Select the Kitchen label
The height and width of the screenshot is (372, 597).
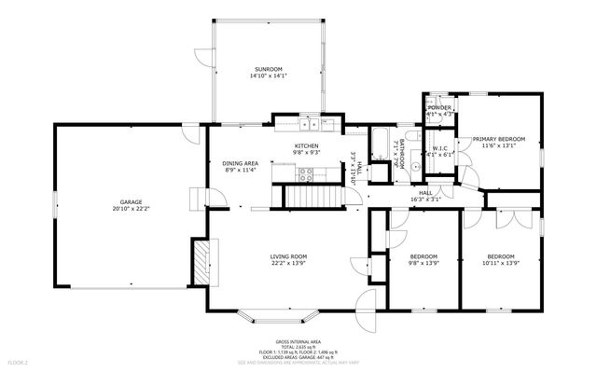(307, 146)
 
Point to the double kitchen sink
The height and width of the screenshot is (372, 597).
(310, 124)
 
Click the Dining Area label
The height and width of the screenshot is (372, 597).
(241, 163)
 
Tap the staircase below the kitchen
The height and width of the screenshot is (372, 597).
(307, 197)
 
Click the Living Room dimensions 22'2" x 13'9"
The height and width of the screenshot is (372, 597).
(288, 263)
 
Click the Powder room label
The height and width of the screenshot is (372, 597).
(439, 107)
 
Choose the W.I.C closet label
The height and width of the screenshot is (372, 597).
(440, 148)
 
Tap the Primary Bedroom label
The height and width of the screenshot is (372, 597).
(503, 139)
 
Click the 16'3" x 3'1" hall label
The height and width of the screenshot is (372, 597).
(424, 198)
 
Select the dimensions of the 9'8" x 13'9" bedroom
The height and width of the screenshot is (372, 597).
(423, 263)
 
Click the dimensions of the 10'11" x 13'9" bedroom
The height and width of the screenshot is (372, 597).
(500, 263)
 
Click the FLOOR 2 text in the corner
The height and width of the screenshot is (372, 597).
(19, 361)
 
